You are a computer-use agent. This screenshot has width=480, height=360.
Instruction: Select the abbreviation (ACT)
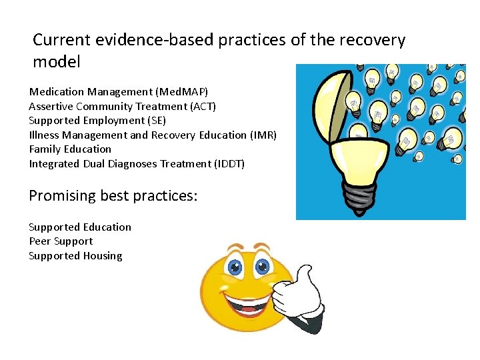point(202,106)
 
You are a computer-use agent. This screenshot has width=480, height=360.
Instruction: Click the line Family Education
point(70,149)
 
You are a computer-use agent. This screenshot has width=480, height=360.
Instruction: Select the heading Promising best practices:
point(113,196)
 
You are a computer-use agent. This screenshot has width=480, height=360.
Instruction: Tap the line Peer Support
point(61,241)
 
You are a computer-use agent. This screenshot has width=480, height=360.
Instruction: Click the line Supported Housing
point(75,256)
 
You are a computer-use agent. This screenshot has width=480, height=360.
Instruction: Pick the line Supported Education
point(80,227)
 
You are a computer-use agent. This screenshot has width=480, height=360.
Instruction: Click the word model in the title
point(57,63)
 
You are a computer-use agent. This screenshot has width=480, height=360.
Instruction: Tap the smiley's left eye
point(235,269)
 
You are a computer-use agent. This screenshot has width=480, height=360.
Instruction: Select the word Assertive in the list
point(51,106)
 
